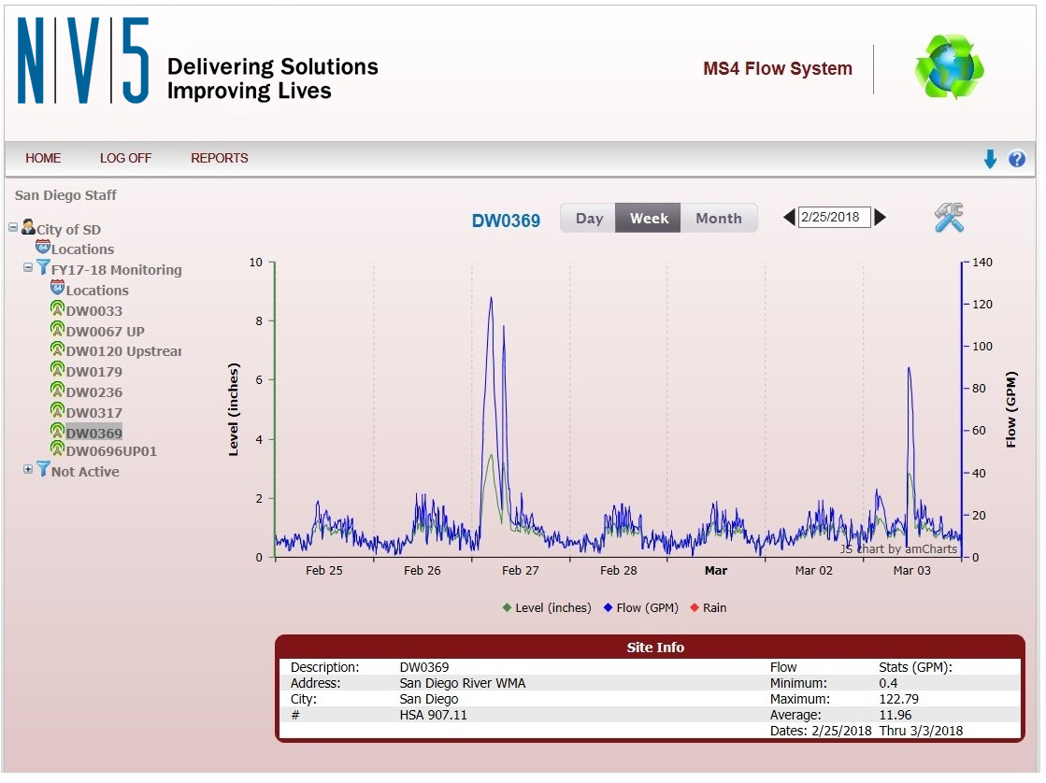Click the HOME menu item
tap(43, 158)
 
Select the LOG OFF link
tap(125, 158)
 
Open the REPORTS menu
tap(219, 158)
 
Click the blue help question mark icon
tap(1017, 160)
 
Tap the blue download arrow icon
tap(991, 160)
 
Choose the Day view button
tap(589, 219)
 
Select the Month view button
tap(718, 219)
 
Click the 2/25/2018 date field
tap(834, 218)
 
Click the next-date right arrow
tap(881, 218)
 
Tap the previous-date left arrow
tap(789, 218)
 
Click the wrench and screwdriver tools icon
tap(949, 218)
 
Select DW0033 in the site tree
tap(93, 311)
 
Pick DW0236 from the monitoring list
tap(93, 392)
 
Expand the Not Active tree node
tap(28, 470)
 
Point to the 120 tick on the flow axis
tap(983, 305)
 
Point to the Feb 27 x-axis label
tap(520, 571)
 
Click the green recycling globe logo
tap(950, 68)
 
